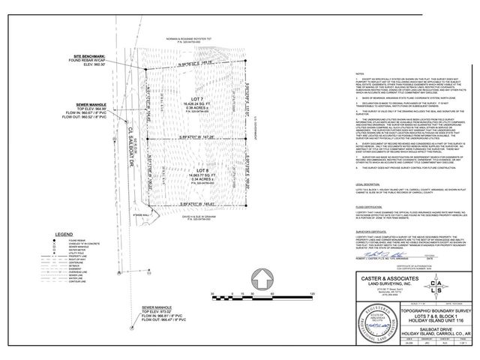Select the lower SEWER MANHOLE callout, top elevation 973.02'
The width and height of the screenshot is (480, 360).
click(162, 307)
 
